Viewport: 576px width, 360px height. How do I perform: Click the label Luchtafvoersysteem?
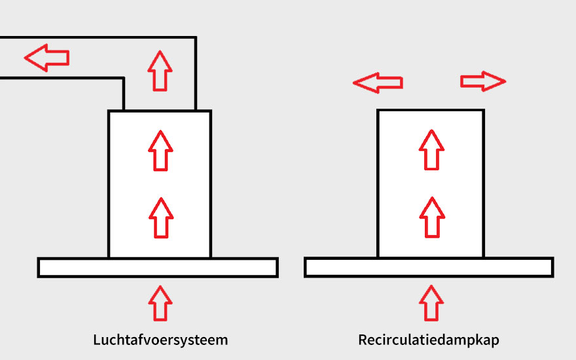(160, 340)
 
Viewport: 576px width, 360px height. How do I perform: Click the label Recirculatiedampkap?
(429, 340)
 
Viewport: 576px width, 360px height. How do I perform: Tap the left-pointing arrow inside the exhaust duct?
(46, 58)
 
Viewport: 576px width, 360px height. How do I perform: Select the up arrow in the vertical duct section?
(160, 70)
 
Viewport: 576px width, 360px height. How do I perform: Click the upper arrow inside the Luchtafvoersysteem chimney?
(160, 150)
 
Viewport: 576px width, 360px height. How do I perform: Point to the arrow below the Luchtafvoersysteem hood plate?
(160, 302)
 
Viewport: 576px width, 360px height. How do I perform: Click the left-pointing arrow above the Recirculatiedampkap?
(378, 82)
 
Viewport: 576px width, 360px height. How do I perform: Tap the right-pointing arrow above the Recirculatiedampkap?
(483, 81)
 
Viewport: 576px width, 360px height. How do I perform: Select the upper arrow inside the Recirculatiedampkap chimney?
(431, 150)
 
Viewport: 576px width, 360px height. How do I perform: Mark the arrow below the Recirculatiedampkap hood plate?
(431, 302)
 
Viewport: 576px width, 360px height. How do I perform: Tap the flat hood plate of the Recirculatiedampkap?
(340, 268)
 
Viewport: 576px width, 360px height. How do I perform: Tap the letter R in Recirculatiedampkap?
(363, 340)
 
